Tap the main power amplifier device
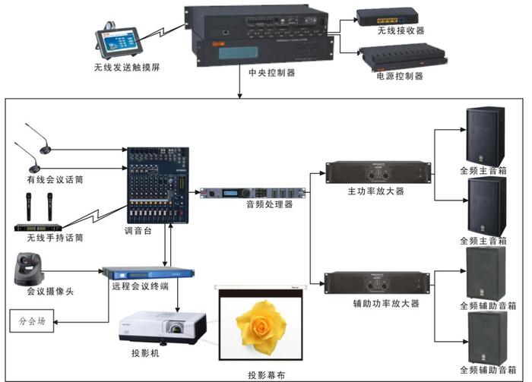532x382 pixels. pyautogui.click(x=377, y=172)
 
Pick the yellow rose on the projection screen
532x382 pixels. pyautogui.click(x=259, y=324)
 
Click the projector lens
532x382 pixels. pyautogui.click(x=177, y=331)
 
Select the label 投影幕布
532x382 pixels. pyautogui.click(x=266, y=374)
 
